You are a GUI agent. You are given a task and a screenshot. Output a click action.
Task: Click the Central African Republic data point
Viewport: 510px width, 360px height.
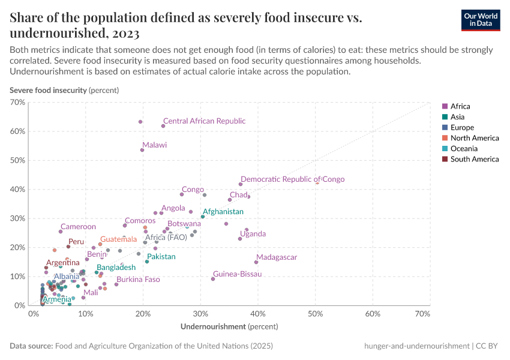163,125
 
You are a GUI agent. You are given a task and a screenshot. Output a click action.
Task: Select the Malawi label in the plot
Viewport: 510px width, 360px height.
155,145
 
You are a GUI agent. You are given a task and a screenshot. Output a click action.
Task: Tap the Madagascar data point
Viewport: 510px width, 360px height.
256,262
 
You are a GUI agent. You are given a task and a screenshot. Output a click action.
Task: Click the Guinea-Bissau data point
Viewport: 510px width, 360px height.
213,278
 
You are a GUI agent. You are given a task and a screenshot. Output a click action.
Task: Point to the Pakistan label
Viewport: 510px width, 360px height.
161,257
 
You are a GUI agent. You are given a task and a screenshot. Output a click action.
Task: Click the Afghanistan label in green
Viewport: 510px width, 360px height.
223,212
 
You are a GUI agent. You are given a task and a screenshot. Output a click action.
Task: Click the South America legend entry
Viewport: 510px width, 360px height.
474,159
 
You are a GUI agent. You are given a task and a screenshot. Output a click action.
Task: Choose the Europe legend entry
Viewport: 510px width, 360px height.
462,127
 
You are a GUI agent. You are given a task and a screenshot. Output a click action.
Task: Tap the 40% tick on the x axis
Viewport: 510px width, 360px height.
258,314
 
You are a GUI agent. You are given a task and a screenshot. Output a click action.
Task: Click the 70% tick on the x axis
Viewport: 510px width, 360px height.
422,314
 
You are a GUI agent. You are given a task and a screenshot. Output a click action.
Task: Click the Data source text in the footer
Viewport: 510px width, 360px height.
142,346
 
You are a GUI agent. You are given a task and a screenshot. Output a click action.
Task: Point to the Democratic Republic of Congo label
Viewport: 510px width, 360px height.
292,179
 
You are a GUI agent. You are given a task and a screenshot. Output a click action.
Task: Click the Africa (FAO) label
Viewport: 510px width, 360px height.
166,238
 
